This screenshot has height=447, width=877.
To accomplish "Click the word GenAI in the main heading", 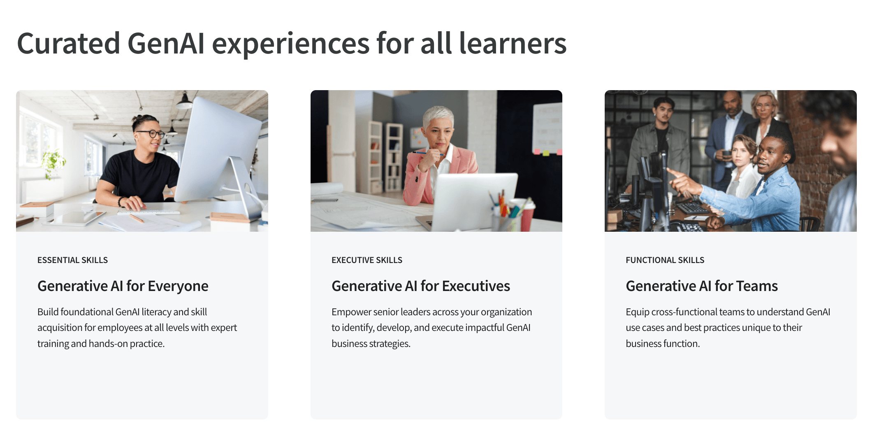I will (166, 44).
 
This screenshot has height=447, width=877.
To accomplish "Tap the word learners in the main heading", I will (513, 44).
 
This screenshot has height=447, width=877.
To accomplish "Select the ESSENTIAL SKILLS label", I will (72, 260).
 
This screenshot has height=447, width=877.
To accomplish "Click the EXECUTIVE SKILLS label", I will (367, 260).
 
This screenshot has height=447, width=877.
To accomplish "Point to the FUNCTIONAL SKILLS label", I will (665, 260).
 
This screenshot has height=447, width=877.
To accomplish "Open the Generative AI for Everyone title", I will (123, 286).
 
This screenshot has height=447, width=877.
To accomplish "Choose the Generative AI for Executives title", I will (420, 286).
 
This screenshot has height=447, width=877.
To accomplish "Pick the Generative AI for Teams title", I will (701, 286).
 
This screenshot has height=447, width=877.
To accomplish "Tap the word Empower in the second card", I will (351, 312).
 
